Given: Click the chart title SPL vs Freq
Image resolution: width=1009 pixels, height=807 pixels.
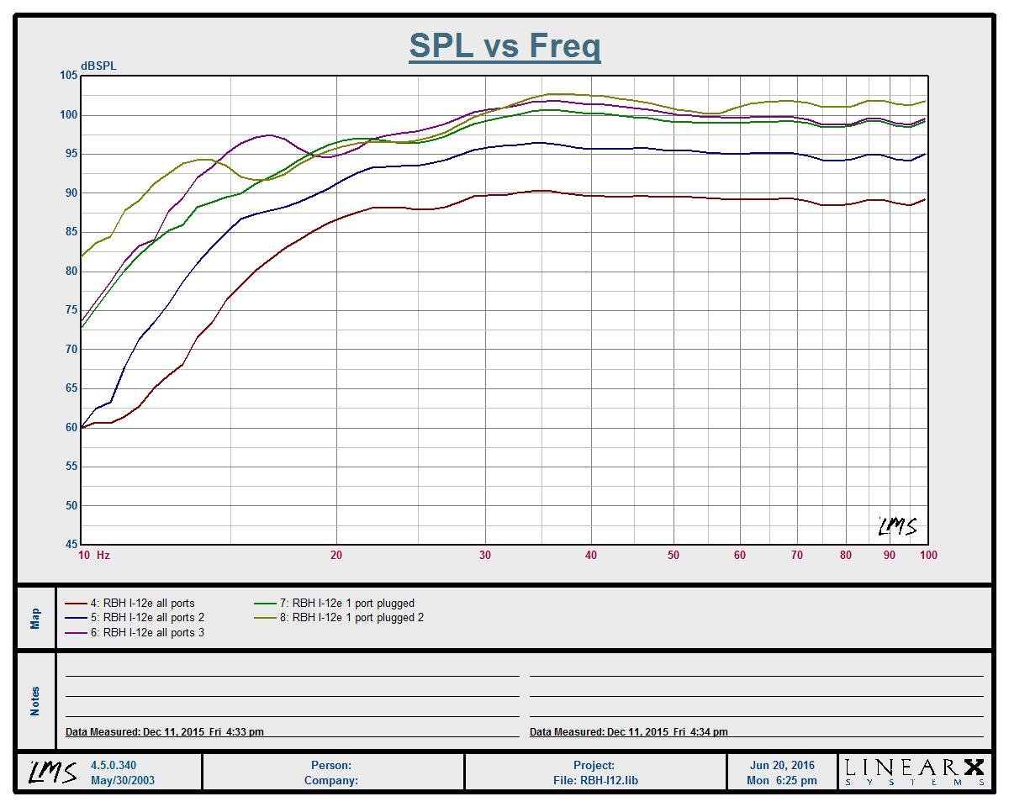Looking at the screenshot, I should click(x=504, y=45).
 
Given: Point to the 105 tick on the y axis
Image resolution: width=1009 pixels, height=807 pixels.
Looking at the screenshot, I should click(x=68, y=76).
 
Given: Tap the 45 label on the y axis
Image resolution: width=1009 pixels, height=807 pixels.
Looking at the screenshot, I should click(x=71, y=545).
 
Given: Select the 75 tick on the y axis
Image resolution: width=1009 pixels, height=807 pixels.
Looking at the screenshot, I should click(x=71, y=310).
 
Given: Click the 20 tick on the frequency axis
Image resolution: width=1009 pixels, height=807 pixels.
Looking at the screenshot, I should click(x=336, y=555).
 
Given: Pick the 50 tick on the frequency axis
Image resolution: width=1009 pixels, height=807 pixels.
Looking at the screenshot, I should click(x=674, y=555).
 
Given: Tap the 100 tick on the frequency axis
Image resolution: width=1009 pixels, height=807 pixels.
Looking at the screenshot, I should click(x=928, y=555).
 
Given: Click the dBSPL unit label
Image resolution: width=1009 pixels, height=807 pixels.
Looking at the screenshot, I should click(x=98, y=66).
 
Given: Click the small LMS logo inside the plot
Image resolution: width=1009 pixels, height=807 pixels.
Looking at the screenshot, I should click(x=897, y=526).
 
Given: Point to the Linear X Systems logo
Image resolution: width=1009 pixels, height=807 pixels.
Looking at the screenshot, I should click(x=914, y=772).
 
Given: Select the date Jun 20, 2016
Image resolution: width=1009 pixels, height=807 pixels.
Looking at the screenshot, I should click(x=782, y=765).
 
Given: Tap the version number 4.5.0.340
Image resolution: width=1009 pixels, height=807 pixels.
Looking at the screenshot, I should click(x=114, y=765).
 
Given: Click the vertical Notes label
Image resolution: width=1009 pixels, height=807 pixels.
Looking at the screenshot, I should click(x=35, y=700).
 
